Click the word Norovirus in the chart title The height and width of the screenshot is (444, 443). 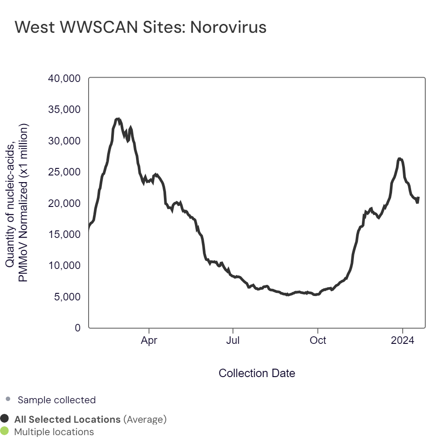click(x=228, y=27)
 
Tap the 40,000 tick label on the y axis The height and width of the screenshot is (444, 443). click(x=64, y=78)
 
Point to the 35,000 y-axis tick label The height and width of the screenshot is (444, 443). click(x=64, y=109)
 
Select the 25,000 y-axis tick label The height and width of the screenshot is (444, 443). click(x=64, y=172)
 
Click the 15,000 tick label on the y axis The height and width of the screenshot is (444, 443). click(x=64, y=234)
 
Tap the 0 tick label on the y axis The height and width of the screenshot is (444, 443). click(x=78, y=328)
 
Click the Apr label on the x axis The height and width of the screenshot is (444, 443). click(x=149, y=341)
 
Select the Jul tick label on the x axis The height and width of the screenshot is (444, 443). click(x=233, y=341)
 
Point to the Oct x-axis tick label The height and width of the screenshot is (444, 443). click(x=318, y=341)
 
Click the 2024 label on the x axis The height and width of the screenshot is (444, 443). click(x=403, y=341)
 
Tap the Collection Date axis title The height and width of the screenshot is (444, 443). click(x=257, y=373)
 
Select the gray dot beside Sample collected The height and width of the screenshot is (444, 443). click(x=8, y=400)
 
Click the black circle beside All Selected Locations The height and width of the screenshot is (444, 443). click(x=5, y=419)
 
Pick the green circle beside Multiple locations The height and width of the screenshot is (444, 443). click(x=5, y=431)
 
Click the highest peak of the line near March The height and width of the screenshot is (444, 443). click(x=117, y=119)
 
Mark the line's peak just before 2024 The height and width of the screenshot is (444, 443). click(x=400, y=158)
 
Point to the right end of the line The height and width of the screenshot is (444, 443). click(x=418, y=198)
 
